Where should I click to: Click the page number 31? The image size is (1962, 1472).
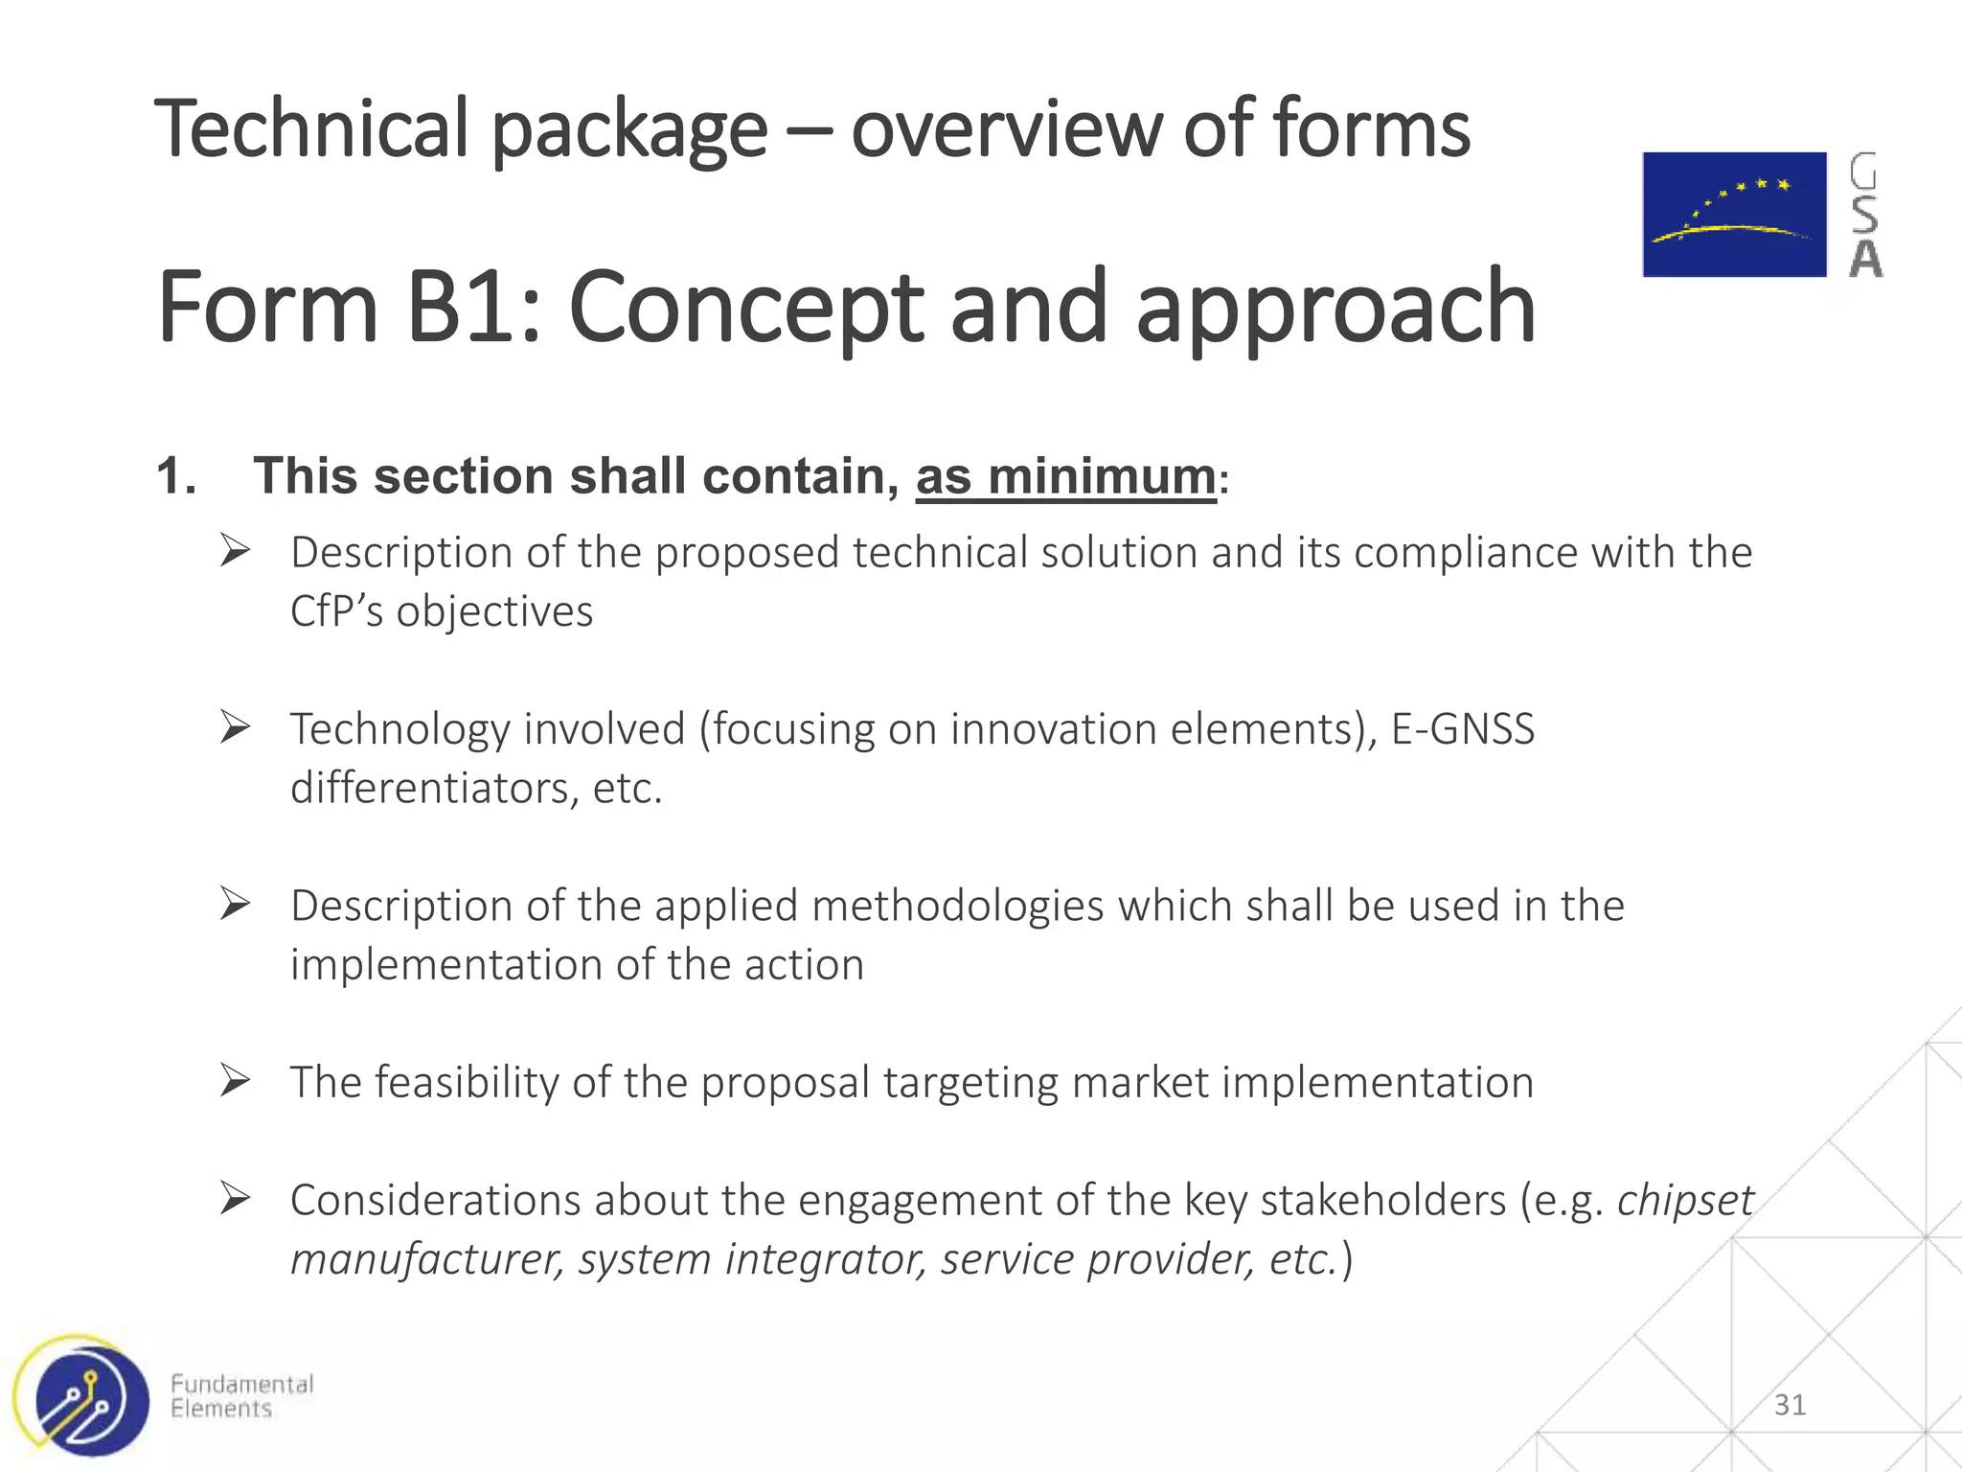click(1790, 1405)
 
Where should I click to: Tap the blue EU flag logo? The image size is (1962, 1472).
click(1734, 215)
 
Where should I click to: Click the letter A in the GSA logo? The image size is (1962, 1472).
click(1865, 260)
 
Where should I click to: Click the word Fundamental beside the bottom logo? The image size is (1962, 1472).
click(241, 1384)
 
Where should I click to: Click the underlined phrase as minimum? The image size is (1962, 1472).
click(1065, 476)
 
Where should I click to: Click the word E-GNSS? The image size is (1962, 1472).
click(1462, 729)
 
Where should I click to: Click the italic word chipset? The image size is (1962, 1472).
click(1685, 1201)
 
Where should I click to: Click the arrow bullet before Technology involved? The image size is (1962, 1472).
click(235, 727)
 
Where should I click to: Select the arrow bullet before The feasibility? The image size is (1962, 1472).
click(235, 1081)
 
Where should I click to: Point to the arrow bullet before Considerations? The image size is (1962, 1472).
click(235, 1199)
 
